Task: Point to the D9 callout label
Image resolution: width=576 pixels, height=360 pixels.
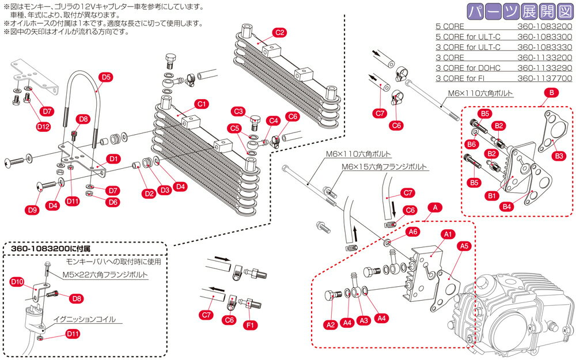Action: pyautogui.click(x=32, y=210)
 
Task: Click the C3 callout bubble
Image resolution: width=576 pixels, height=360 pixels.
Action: pyautogui.click(x=239, y=111)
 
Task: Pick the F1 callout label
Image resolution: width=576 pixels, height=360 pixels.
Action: pyautogui.click(x=251, y=325)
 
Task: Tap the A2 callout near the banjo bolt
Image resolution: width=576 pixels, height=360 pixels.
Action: pyautogui.click(x=331, y=325)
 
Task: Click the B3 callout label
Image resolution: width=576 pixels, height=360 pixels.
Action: pyautogui.click(x=558, y=156)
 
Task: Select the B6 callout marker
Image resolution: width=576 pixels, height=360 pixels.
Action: pyautogui.click(x=471, y=144)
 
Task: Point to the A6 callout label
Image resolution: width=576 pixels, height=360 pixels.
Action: pyautogui.click(x=412, y=231)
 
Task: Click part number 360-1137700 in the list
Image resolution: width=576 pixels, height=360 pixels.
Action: pyautogui.click(x=544, y=78)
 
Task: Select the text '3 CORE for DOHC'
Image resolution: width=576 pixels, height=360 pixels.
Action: pyautogui.click(x=468, y=68)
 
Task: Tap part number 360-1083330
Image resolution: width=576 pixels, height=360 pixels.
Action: pyautogui.click(x=544, y=47)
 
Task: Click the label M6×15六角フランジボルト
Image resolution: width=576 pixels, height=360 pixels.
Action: pyautogui.click(x=385, y=166)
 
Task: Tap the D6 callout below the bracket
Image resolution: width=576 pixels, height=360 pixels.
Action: pyautogui.click(x=113, y=202)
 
